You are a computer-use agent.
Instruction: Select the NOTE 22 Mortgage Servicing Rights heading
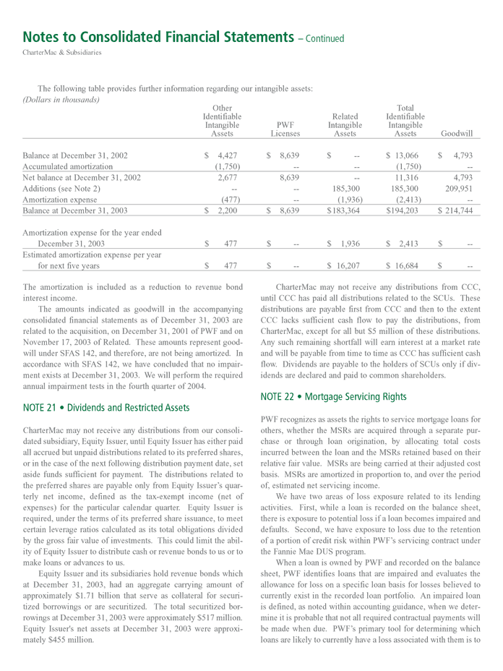335,396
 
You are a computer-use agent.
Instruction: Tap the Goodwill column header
456,134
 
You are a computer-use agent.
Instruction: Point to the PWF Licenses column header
285,129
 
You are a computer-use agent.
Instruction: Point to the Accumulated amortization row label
68,166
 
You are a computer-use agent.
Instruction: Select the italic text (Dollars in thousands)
57,99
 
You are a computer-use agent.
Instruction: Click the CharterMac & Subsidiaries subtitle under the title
62,52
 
